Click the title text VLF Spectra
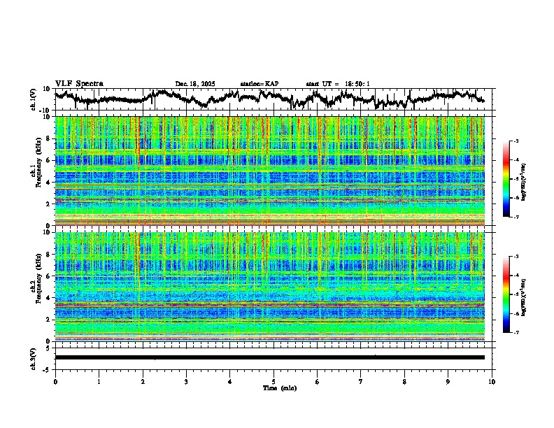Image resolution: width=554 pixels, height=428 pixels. [79, 83]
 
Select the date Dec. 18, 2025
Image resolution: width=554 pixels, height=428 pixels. [195, 84]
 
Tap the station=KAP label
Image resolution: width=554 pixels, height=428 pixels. [259, 84]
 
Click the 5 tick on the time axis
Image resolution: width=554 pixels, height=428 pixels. [274, 382]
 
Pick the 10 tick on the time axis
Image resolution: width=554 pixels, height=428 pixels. [492, 382]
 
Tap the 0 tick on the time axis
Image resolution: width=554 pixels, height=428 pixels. [55, 382]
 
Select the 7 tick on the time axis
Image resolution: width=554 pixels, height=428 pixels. [361, 382]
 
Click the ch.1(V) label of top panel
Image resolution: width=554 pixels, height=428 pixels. [34, 99]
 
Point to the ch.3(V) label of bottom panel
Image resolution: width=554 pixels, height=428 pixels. [34, 357]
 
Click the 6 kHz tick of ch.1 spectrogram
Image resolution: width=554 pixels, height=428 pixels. [48, 160]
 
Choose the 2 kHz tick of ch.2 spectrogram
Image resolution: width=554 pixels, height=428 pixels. [48, 319]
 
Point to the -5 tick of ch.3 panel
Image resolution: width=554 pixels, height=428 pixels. [49, 369]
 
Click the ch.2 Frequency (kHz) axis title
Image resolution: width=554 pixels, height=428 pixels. [38, 287]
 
